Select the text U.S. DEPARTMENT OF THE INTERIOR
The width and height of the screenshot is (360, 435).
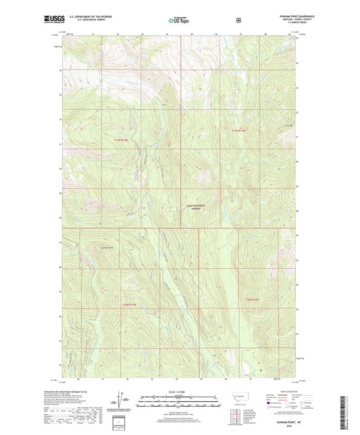[x=89, y=18]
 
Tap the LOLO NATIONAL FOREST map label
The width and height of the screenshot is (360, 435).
[x=196, y=207]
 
